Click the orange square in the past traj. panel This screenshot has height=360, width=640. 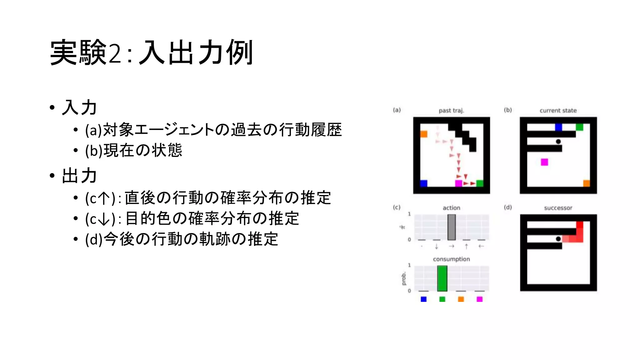[x=423, y=134]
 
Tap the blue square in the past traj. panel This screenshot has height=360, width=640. [x=423, y=183]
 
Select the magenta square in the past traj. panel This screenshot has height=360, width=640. [x=458, y=183]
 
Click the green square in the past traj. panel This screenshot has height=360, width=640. [x=480, y=183]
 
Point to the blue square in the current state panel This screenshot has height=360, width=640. [x=558, y=127]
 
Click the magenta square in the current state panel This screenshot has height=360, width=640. [x=544, y=162]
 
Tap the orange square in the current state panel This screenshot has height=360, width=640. [x=587, y=183]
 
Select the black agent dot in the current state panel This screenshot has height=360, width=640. [x=558, y=142]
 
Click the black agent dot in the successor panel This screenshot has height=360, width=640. [x=558, y=239]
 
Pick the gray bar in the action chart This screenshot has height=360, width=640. [x=452, y=227]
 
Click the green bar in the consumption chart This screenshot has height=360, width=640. [x=442, y=278]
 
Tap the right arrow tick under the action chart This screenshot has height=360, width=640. [x=452, y=247]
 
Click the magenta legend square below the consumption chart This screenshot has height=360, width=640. [x=480, y=299]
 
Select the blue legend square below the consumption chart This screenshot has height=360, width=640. [x=423, y=299]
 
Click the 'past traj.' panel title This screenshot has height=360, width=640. [x=451, y=111]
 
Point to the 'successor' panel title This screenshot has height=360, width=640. [x=558, y=208]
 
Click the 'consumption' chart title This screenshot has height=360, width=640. [x=451, y=259]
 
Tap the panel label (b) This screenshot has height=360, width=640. [x=508, y=110]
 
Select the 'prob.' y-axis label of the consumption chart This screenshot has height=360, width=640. [x=403, y=278]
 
